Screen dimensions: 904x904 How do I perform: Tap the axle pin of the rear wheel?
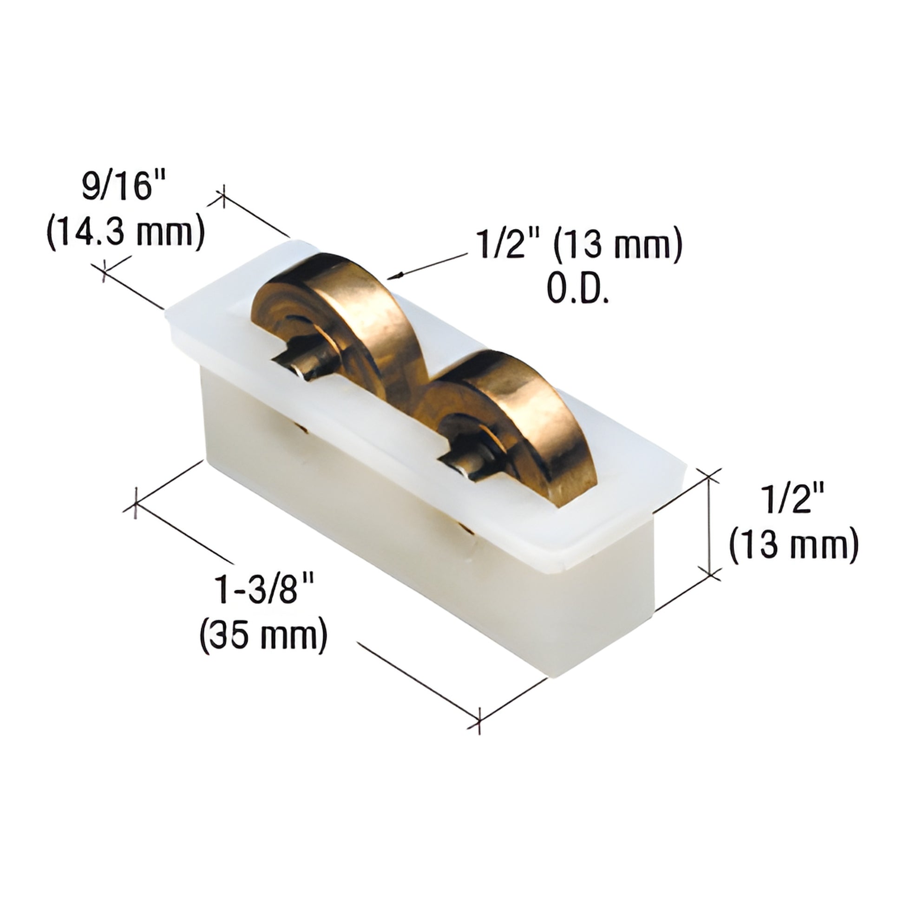pos(293,365)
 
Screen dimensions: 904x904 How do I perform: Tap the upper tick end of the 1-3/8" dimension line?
pos(136,503)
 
